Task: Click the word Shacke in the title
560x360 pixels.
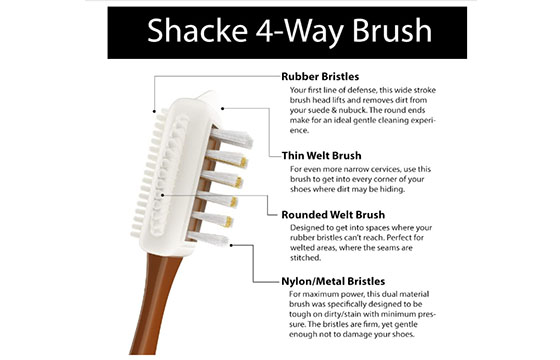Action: [198, 31]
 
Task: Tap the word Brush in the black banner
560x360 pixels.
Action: [392, 31]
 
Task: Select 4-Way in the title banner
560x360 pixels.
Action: [300, 31]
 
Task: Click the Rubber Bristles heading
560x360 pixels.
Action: [320, 76]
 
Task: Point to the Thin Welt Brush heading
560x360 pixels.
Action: [321, 156]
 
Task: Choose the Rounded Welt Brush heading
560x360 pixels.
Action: [333, 215]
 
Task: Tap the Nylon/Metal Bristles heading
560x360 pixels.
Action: [333, 281]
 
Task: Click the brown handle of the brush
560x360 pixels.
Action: [154, 304]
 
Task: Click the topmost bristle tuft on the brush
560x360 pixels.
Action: [231, 138]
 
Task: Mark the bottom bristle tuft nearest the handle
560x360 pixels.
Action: [208, 238]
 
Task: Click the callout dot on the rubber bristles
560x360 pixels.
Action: [154, 111]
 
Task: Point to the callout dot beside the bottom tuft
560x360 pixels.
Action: [231, 245]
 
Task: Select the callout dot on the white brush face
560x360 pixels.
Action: [163, 195]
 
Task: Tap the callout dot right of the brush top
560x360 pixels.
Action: [222, 108]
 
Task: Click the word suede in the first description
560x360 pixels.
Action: [319, 110]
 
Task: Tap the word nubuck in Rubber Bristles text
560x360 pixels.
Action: [351, 110]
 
